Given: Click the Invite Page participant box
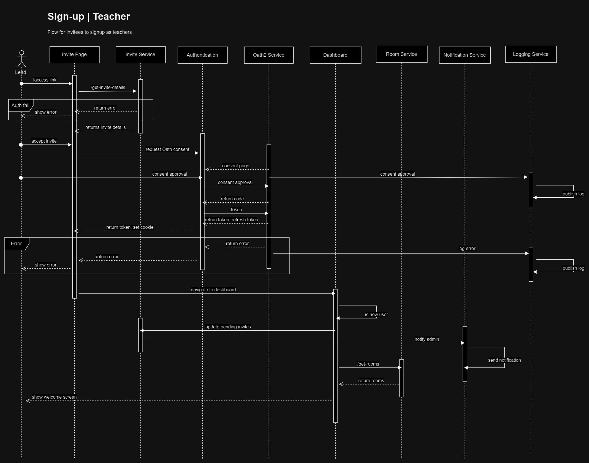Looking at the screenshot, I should tap(74, 55).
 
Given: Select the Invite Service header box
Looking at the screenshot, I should tap(140, 55).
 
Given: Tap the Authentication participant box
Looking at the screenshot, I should tap(202, 55).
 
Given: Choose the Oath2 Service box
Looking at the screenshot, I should tap(269, 55).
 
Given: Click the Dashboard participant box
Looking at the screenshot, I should tap(335, 55).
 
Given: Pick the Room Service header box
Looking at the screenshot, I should tap(401, 54).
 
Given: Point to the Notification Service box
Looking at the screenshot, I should tap(465, 55).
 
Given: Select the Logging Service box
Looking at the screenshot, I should tap(531, 54).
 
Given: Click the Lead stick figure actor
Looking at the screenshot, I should tap(21, 59).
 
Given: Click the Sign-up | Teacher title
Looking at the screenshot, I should tap(89, 17).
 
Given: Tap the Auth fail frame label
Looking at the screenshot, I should tap(20, 105).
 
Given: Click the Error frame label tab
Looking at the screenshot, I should tap(16, 244).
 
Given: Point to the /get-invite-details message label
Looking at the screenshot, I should tap(108, 87).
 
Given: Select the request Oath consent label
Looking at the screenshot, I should tap(167, 149).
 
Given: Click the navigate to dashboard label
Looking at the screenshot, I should tap(213, 290).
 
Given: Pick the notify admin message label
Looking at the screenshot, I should tap(427, 339).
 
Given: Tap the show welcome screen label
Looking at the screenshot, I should tap(54, 397).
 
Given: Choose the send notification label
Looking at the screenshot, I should tap(504, 360).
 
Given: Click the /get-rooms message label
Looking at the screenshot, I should tap(368, 364).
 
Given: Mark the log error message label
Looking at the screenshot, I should tap(467, 248).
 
